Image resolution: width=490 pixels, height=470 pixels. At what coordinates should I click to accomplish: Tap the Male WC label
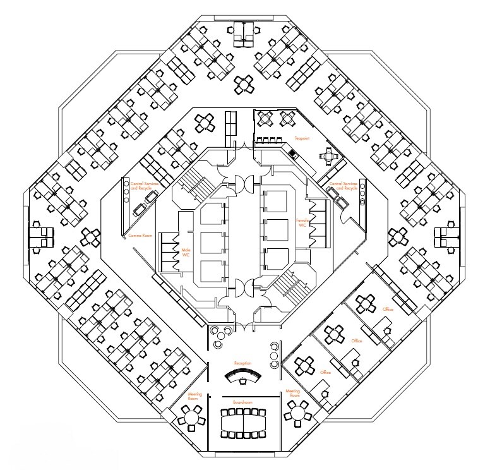(186, 253)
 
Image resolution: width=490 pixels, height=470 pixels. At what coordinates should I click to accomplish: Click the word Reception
(242, 363)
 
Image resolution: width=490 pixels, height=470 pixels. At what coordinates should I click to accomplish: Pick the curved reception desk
(243, 378)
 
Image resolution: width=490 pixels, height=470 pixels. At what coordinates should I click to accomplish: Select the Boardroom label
(242, 401)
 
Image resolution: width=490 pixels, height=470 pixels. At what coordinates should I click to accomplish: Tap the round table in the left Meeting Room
(190, 416)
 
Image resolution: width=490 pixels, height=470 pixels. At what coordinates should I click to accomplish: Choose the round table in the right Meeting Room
(296, 414)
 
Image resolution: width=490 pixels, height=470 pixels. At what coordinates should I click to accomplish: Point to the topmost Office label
(388, 309)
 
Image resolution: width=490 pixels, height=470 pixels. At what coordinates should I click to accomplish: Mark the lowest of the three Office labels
(326, 372)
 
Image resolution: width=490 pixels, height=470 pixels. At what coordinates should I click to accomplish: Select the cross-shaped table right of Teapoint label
(328, 155)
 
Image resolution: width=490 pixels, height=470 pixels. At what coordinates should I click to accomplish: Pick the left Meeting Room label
(194, 396)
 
